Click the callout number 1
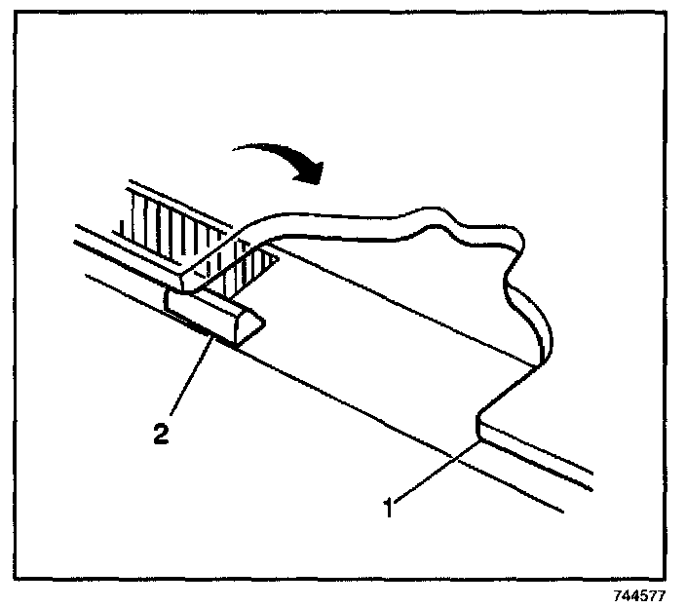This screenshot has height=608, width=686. tap(388, 508)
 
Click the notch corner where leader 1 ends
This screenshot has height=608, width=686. tap(478, 439)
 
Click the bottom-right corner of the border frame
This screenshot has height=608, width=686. tap(666, 578)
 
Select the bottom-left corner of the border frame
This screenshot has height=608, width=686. tap(20, 578)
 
